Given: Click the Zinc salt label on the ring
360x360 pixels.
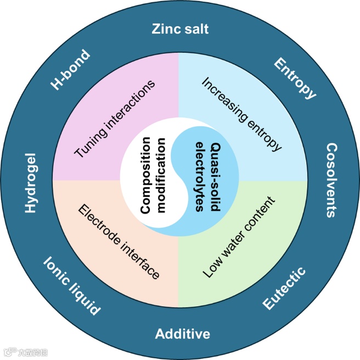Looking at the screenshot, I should click(180, 29).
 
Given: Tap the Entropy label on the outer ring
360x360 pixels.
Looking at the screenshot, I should click(295, 79).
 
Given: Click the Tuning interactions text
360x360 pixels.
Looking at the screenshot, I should click(115, 120).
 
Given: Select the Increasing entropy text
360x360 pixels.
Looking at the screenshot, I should click(242, 114).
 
